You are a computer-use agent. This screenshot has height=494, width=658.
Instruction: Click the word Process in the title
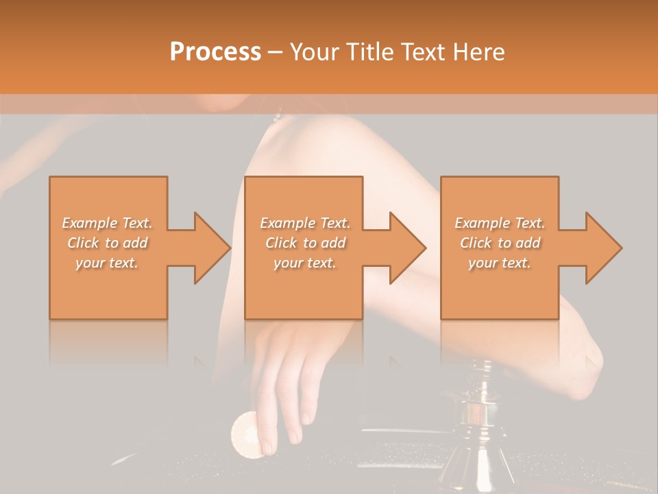pos(215,52)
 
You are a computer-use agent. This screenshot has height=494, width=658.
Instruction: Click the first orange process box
pos(108,288)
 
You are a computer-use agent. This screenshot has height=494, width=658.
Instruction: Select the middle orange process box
pos(304,288)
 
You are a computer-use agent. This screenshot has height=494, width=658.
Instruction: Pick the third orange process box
pos(500,288)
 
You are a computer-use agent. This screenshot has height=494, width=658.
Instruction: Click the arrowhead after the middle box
pos(407,248)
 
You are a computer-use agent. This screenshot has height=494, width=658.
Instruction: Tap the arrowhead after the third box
pos(603,248)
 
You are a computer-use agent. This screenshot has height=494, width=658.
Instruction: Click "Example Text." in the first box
pos(107,223)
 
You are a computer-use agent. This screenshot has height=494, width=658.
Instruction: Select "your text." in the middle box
pos(304,263)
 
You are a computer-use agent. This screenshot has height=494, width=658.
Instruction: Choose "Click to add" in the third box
pos(500,243)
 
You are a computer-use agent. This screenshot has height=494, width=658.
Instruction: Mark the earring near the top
pos(278,117)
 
